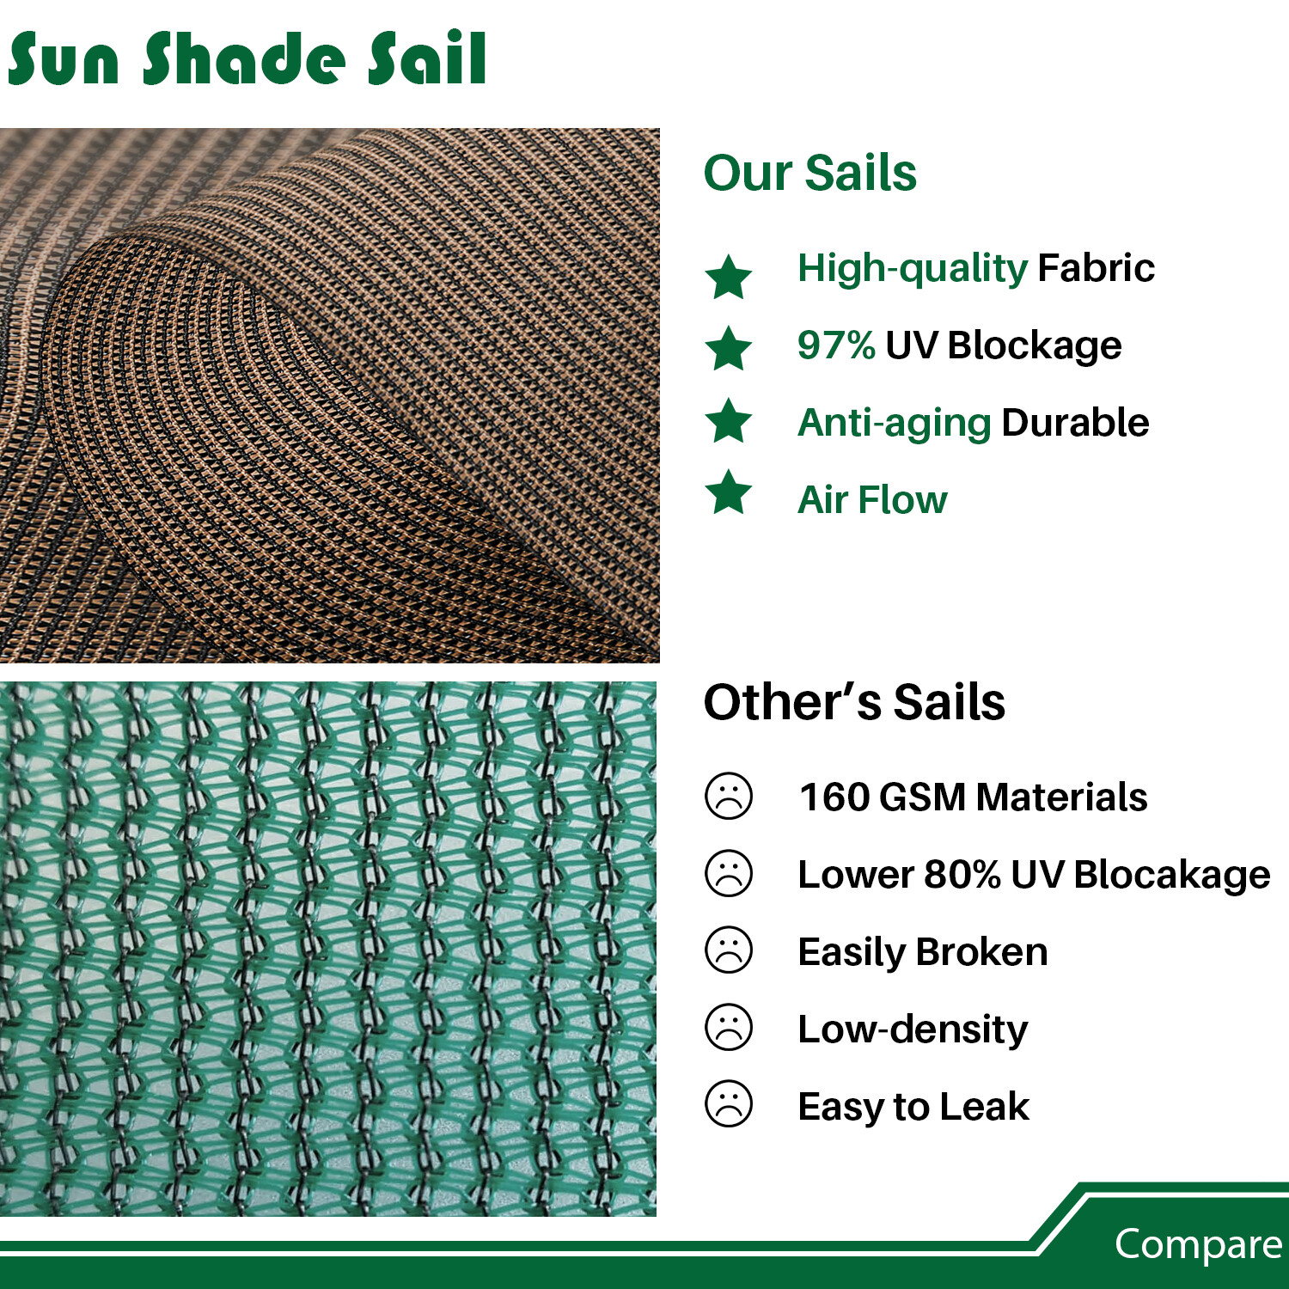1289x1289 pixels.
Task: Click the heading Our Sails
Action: click(809, 173)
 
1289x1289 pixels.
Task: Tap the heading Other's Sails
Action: click(854, 702)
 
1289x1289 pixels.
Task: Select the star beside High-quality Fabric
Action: click(729, 277)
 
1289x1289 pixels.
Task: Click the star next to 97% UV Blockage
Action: click(729, 348)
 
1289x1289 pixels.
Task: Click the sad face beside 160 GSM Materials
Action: click(729, 796)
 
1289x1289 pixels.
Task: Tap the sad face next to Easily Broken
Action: click(729, 950)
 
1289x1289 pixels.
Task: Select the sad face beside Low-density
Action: click(729, 1027)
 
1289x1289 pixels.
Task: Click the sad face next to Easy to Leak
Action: click(729, 1103)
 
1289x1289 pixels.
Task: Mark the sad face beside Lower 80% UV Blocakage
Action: click(729, 873)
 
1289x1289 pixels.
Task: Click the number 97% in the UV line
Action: click(835, 345)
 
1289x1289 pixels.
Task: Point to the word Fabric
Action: click(1096, 268)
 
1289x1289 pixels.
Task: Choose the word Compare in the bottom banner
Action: click(1198, 1244)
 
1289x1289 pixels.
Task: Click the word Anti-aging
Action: click(895, 423)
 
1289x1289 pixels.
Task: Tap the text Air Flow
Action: click(872, 499)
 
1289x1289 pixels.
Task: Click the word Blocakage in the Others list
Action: click(1171, 875)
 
